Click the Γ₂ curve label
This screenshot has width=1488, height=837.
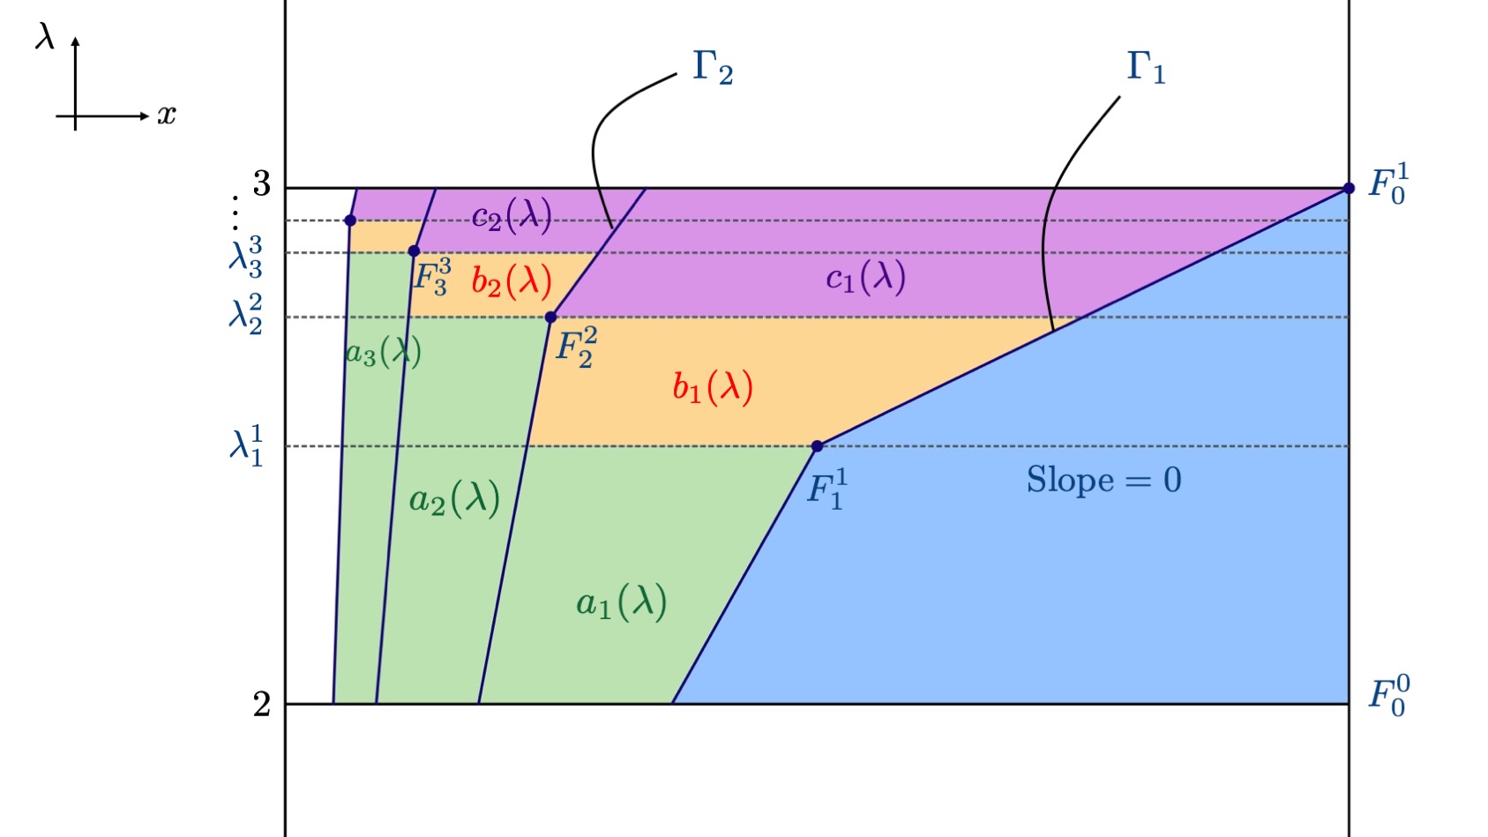tap(713, 67)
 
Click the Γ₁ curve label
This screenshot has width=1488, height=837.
tap(1146, 67)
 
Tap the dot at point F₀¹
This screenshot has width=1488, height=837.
tap(1349, 188)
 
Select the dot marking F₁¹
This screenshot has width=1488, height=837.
tap(817, 446)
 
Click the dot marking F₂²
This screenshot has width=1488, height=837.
tap(550, 318)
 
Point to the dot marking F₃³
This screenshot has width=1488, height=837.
tap(414, 251)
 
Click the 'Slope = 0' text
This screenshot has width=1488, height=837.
tap(1103, 481)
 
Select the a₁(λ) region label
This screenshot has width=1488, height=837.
tap(621, 603)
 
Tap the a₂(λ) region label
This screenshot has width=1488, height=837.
tap(454, 500)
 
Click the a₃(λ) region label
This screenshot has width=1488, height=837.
tap(383, 353)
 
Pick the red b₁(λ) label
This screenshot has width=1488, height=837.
tap(713, 387)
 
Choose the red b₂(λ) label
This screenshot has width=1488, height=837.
tap(512, 281)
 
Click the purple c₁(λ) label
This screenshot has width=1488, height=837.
tap(865, 279)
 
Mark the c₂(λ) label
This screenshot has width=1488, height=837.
tap(512, 216)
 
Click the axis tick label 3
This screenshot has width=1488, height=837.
tap(262, 184)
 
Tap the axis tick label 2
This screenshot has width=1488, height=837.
tap(262, 704)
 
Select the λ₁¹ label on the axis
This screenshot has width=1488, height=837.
tap(247, 445)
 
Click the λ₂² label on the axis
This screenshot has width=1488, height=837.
tap(246, 316)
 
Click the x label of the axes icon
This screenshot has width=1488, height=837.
tap(167, 115)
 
